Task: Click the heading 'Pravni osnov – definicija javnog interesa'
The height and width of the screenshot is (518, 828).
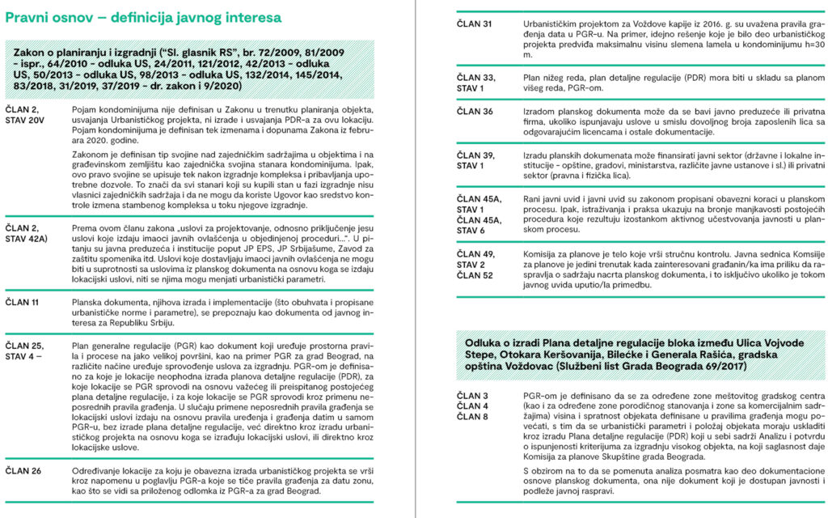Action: pos(143,16)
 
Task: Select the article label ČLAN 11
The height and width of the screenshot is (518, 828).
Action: pos(23,302)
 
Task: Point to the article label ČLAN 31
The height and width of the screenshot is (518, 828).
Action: pos(475,24)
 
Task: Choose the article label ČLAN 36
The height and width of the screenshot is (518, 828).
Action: pos(475,112)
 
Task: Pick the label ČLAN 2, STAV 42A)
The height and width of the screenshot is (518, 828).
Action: pos(28,235)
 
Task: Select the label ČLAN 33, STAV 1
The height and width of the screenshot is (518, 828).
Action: pos(476,83)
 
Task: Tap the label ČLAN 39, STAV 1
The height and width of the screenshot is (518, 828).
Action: pos(476,160)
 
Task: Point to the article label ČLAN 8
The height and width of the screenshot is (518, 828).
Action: pos(472,417)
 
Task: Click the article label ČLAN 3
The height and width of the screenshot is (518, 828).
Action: pos(472,395)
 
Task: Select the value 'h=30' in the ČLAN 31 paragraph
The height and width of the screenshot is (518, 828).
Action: pos(813,45)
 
